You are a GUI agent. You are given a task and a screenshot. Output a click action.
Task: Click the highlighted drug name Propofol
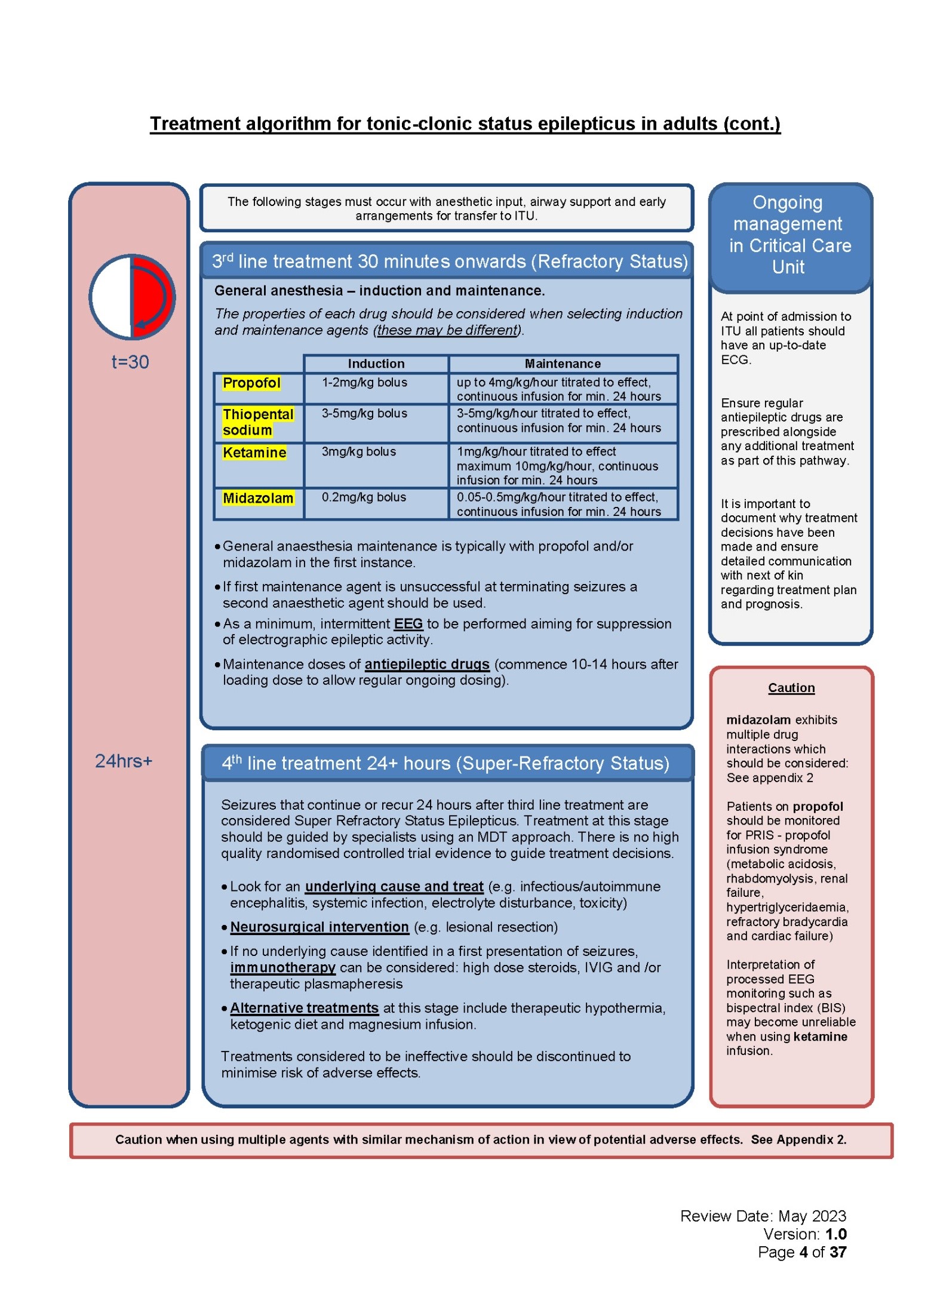click(251, 383)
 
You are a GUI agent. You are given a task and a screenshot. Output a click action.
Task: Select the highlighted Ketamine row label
click(254, 453)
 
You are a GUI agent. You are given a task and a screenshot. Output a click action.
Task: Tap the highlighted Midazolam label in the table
click(257, 498)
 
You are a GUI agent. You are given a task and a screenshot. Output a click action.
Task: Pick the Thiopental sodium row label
click(257, 422)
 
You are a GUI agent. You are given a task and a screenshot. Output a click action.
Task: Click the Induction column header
click(376, 364)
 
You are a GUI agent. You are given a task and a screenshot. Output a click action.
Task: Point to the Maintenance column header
click(563, 364)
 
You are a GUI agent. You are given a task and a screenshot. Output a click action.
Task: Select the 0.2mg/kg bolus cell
click(364, 497)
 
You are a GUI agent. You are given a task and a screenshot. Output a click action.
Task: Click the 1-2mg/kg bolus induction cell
click(364, 382)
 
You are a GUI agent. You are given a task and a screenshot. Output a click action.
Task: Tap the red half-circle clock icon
click(132, 297)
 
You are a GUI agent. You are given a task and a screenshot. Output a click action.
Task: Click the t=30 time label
click(130, 362)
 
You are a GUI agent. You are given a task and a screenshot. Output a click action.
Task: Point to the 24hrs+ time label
click(124, 761)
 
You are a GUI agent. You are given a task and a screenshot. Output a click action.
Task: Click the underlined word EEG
click(408, 624)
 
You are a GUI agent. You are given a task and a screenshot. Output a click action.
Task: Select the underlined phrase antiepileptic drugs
click(427, 664)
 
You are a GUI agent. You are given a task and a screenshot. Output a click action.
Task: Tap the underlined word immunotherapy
click(282, 967)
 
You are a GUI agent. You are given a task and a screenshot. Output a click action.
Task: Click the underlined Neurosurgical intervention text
click(319, 927)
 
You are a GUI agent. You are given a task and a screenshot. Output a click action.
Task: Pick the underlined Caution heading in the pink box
click(791, 688)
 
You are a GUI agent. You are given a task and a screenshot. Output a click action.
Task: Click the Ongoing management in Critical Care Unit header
click(789, 235)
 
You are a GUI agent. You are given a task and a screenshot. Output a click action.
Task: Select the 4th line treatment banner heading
click(445, 763)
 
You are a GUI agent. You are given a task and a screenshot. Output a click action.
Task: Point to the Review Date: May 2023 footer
click(763, 1216)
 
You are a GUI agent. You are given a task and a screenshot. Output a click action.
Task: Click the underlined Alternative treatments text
click(304, 1008)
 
